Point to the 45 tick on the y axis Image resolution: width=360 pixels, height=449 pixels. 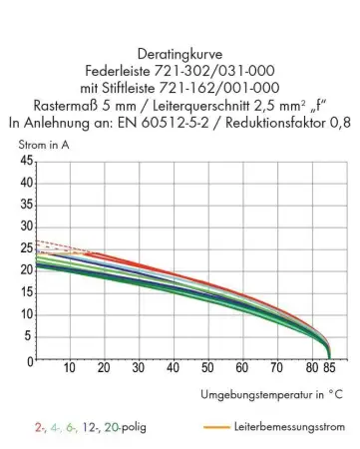click(x=26, y=162)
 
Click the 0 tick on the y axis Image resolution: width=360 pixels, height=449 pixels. click(x=30, y=359)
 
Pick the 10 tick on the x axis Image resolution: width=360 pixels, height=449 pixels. click(x=71, y=369)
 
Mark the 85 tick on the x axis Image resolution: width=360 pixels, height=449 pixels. click(x=330, y=369)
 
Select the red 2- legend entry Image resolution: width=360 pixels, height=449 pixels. click(x=38, y=427)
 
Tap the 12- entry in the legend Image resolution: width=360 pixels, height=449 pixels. click(x=86, y=427)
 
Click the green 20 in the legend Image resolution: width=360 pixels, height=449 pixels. click(x=110, y=427)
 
